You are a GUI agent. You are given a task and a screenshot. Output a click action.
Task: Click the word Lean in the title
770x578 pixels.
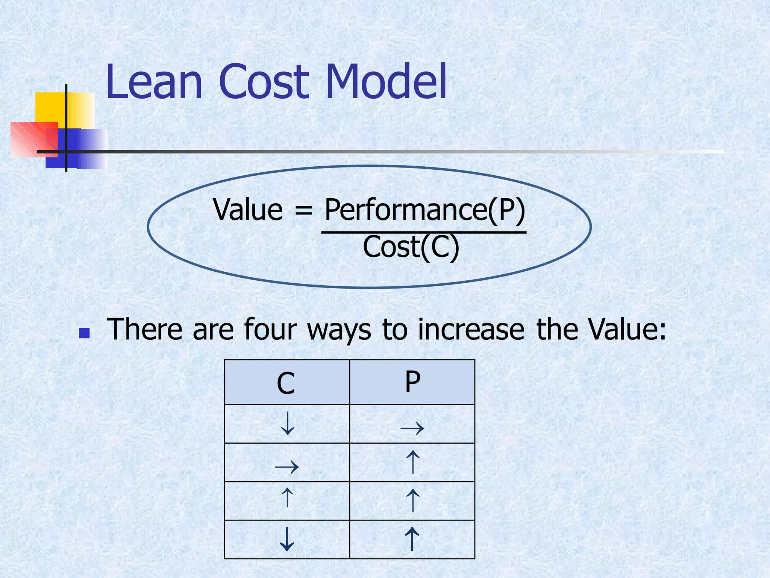(154, 82)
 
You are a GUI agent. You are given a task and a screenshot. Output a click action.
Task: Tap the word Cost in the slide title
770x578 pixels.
(264, 82)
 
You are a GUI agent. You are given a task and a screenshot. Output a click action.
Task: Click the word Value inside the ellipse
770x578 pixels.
(248, 210)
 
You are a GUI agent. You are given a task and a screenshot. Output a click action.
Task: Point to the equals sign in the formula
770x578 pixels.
(303, 210)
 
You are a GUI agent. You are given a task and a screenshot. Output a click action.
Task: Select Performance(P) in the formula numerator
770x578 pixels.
(424, 210)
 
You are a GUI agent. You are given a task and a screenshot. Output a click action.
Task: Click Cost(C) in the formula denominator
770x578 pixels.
(411, 247)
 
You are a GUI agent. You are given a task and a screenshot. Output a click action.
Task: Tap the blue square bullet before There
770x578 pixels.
(85, 333)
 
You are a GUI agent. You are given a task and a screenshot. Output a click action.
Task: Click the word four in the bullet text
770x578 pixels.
(270, 329)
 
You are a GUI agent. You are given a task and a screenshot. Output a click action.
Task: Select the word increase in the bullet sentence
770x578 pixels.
(471, 329)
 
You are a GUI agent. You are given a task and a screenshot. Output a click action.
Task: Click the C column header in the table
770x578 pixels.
(286, 383)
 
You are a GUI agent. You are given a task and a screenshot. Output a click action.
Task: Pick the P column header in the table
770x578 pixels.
(412, 382)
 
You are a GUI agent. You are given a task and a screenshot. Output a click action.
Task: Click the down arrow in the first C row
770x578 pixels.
(288, 424)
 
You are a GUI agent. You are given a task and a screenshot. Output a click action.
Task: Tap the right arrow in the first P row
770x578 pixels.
(412, 428)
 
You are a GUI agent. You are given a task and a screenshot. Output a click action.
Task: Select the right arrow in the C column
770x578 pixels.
(287, 467)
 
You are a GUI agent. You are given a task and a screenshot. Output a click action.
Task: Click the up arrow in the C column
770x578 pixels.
(287, 497)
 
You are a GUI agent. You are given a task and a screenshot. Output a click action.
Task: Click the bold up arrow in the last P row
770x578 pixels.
(412, 539)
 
